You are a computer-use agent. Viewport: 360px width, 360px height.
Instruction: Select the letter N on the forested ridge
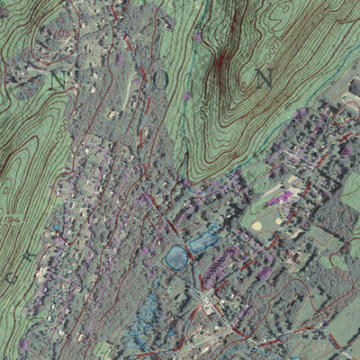pos(264,77)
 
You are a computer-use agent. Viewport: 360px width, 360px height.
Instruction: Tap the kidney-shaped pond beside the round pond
pos(202,241)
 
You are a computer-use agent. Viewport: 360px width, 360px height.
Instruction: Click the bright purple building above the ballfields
pos(286,195)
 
